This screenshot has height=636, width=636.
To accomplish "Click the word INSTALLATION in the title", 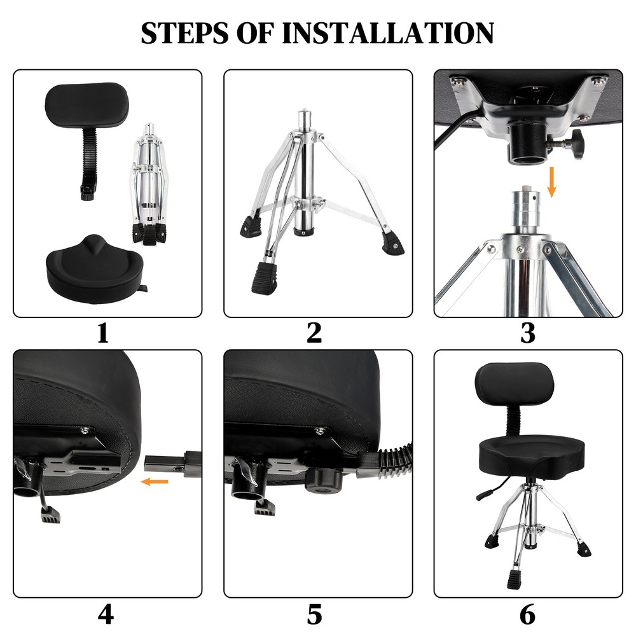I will tap(387, 33).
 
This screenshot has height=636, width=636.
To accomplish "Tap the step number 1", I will tap(103, 333).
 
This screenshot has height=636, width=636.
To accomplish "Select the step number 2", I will tap(314, 333).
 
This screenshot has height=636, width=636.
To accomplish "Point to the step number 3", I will tap(527, 333).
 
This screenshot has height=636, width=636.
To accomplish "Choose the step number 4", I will tap(106, 614).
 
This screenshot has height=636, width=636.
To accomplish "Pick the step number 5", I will tap(314, 614).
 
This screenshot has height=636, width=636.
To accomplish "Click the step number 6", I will tap(527, 614).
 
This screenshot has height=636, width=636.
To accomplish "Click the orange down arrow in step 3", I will tap(551, 182).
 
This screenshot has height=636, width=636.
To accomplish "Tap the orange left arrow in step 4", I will tap(155, 482).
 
